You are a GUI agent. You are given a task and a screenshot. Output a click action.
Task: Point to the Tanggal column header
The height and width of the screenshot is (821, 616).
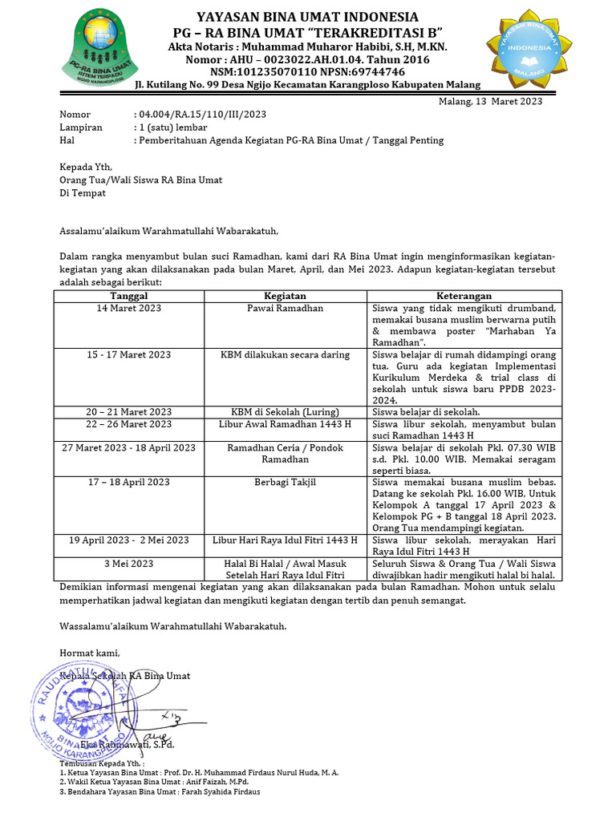pos(128,296)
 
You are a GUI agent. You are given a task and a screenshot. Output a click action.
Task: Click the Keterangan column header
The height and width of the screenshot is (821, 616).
pos(464,296)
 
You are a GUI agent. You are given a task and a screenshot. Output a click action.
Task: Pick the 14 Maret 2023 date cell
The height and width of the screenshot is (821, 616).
pos(128,308)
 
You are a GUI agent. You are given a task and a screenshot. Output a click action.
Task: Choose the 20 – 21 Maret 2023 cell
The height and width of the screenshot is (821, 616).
pos(128,412)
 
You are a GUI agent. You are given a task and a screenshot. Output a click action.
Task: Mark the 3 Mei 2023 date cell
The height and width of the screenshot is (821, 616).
pos(128,564)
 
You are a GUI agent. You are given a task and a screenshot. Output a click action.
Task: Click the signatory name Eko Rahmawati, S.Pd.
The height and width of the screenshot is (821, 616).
pos(127,745)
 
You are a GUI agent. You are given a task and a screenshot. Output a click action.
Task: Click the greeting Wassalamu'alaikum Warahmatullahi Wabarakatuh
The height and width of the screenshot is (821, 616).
pos(172,625)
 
